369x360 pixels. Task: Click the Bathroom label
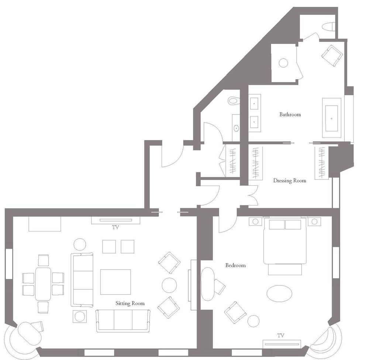tap(290, 114)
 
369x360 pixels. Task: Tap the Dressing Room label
tap(289, 181)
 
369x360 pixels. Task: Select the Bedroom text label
tap(235, 265)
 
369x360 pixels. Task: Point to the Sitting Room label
tap(130, 303)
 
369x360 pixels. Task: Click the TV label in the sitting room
tap(115, 227)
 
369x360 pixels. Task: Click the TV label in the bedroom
tap(281, 335)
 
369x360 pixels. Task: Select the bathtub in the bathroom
tap(331, 118)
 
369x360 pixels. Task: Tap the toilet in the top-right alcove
tap(328, 27)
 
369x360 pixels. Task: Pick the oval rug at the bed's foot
tap(279, 294)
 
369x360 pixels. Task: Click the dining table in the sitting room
tap(43, 284)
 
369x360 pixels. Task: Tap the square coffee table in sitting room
tap(115, 282)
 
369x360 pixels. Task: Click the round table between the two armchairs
tap(169, 285)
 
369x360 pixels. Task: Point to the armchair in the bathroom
tap(332, 55)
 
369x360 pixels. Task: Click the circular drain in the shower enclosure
tap(283, 63)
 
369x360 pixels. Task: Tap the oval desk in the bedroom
tap(207, 284)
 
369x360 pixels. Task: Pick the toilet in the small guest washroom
tap(234, 100)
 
